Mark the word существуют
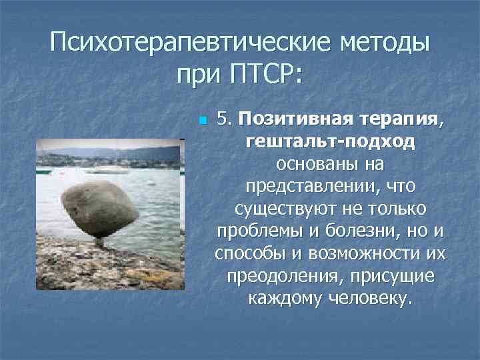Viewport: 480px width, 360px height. coord(286,209)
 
